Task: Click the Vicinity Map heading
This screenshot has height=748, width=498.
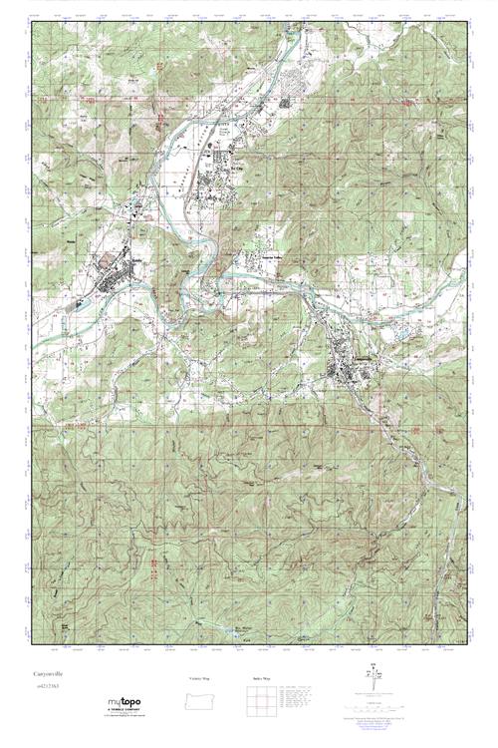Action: click(200, 678)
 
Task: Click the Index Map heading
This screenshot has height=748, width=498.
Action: click(256, 678)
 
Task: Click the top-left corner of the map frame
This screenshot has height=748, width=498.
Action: click(31, 22)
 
